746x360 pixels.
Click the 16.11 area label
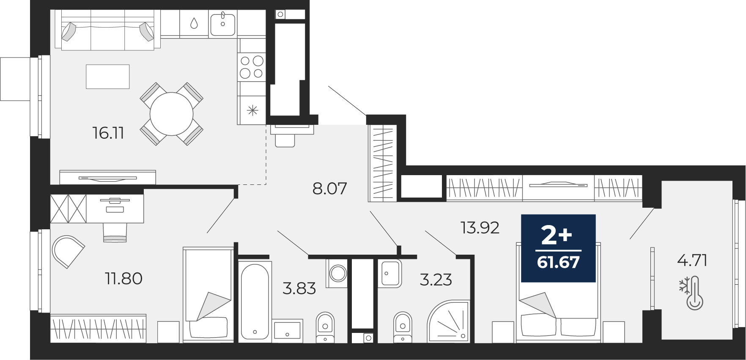click(x=108, y=133)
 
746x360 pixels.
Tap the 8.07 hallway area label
click(x=330, y=188)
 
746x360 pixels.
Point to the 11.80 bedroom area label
click(x=123, y=278)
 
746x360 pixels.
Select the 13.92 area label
click(x=480, y=228)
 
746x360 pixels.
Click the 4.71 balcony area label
click(x=692, y=260)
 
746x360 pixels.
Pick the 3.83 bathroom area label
click(x=299, y=289)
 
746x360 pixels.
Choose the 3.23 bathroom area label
click(x=436, y=280)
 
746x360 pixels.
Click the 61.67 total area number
click(x=558, y=262)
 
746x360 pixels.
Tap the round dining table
click(x=172, y=114)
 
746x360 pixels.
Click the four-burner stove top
click(x=252, y=67)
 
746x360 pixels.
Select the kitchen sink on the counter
click(x=223, y=24)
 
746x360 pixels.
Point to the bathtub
click(x=255, y=300)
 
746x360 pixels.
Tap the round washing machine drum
click(x=338, y=273)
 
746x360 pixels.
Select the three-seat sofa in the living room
click(x=108, y=30)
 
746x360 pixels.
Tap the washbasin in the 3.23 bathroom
click(x=389, y=273)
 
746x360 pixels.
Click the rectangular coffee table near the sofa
click(x=107, y=77)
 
